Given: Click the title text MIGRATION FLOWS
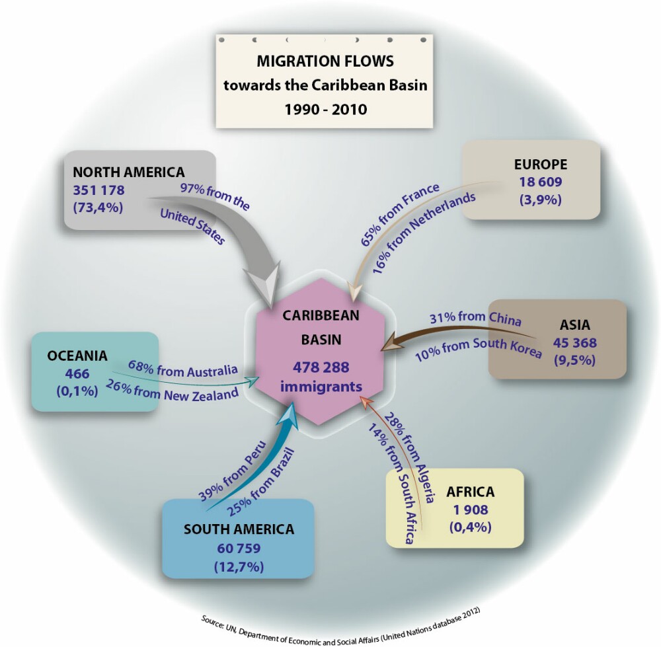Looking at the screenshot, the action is point(325,61).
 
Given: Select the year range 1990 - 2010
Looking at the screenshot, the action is point(325,110).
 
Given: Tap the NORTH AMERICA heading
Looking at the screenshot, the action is point(129,172).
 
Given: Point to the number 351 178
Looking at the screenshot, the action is point(98,190).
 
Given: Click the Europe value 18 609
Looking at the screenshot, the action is point(541,182).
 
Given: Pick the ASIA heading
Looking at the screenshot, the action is point(575,325).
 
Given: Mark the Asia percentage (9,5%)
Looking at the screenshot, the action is point(575,360).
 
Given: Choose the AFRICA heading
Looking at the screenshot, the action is point(471,492).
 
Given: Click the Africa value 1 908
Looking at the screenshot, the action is point(471,510).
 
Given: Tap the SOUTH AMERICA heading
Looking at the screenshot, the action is point(239,529).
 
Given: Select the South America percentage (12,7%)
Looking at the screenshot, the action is point(239,567).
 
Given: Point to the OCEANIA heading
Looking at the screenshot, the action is point(77,356).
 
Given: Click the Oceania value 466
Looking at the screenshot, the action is point(77,373).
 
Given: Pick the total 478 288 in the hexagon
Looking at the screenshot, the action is point(321,367).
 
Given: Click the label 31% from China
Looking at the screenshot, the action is point(475,319).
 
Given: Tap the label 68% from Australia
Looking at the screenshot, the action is point(183,369).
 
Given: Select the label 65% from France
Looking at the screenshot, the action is point(400,215).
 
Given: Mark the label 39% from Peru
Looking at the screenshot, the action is point(233,471).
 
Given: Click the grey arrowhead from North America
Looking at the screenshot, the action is point(264,282).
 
